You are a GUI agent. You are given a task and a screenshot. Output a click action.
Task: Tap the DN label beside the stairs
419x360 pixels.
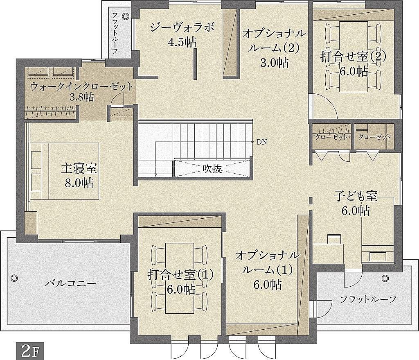click(x=262, y=142)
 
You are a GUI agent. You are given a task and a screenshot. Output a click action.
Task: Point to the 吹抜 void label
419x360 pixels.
click(x=212, y=169)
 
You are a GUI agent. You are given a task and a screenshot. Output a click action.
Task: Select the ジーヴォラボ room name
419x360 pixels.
click(x=182, y=27)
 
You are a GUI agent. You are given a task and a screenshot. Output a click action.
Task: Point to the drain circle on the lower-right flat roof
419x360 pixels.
click(x=385, y=278)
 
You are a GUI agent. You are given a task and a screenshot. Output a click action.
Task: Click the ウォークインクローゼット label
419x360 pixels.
click(x=82, y=87)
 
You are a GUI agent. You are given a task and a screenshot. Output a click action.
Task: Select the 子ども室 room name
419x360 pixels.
click(x=356, y=197)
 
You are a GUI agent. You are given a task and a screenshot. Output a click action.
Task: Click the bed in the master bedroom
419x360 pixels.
click(x=65, y=171)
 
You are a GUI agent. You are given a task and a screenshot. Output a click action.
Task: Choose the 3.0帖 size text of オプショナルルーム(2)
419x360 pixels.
click(x=274, y=63)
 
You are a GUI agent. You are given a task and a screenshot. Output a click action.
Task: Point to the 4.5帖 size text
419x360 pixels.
click(x=182, y=42)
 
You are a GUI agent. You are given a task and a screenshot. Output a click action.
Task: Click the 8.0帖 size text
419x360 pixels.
click(x=79, y=183)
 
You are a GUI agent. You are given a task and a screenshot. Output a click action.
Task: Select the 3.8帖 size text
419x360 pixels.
click(x=81, y=97)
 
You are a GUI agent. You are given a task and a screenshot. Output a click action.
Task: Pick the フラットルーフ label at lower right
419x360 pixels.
click(x=368, y=299)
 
